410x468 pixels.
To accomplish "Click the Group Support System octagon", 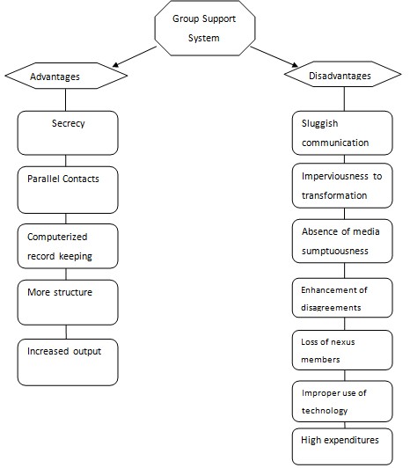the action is click(x=204, y=28).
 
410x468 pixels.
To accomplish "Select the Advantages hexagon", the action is click(x=66, y=76).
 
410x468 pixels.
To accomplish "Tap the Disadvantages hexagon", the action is click(x=343, y=74).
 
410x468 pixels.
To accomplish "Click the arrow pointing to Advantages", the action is click(x=135, y=56).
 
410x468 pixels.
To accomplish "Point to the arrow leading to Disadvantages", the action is click(x=275, y=56).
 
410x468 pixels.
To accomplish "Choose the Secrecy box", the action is click(x=68, y=133).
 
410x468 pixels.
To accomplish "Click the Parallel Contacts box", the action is click(x=68, y=190).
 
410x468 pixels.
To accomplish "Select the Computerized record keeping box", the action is click(x=68, y=246).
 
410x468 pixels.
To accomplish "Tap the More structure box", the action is click(x=68, y=303).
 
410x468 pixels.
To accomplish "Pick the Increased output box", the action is click(x=68, y=362).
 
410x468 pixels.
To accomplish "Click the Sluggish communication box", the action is click(x=342, y=133).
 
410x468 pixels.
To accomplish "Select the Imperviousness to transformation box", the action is click(x=342, y=186).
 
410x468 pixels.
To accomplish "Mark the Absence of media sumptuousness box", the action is click(x=342, y=241).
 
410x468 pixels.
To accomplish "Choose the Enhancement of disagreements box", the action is click(x=342, y=298).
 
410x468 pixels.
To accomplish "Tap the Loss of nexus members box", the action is click(x=342, y=350).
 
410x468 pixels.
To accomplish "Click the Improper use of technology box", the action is click(x=342, y=401).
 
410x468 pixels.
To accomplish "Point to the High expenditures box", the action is click(x=342, y=447).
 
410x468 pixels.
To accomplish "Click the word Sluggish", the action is click(x=320, y=123).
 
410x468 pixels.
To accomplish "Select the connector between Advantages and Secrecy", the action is click(x=66, y=100).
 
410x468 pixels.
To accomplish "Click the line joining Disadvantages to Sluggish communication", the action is click(x=344, y=99).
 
